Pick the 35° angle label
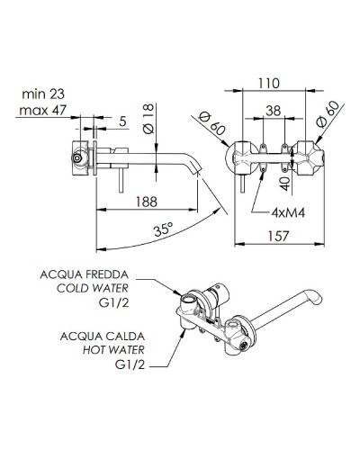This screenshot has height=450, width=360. [163, 229]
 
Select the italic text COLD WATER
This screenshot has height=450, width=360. [93, 289]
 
